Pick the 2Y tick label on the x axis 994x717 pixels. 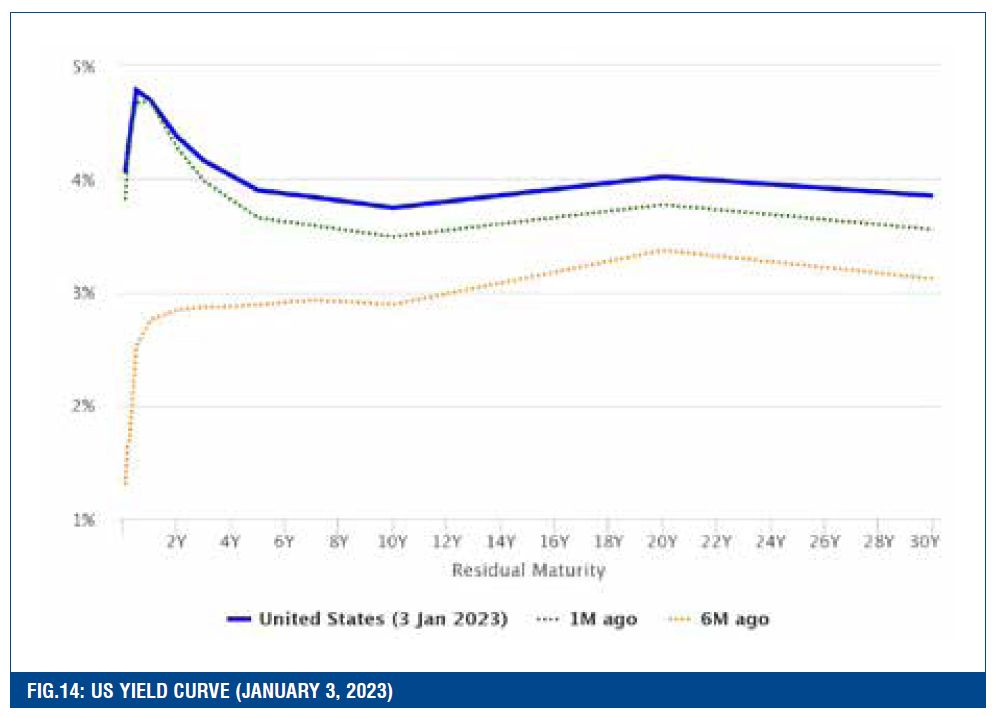(176, 542)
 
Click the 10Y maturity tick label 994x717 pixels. (392, 542)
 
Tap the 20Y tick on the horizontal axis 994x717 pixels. (661, 542)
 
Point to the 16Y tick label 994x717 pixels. (553, 542)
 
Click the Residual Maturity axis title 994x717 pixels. (528, 571)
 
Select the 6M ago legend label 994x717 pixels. (735, 619)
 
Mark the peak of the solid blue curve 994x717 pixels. (135, 89)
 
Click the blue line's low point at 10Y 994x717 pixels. (392, 207)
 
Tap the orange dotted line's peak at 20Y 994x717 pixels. (661, 249)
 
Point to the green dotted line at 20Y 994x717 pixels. (661, 204)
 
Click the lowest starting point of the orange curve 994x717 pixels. (124, 483)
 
